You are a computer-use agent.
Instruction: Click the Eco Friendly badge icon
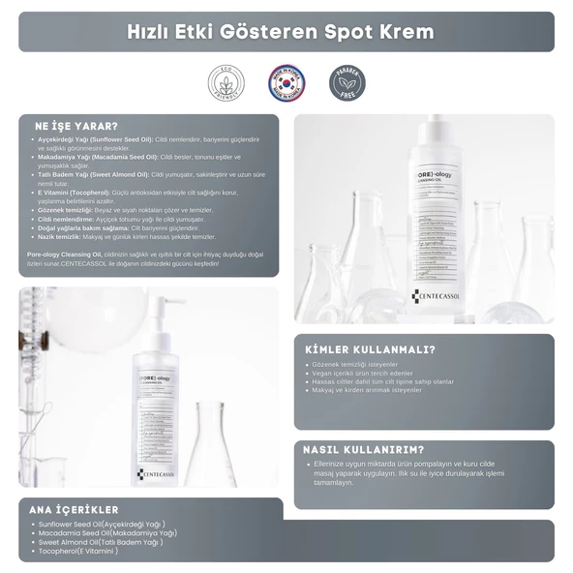pos(226,83)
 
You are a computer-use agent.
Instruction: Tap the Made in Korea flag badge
pos(286,83)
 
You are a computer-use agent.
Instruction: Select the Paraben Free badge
pos(347,83)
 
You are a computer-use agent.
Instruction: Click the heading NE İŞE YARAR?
pos(76,126)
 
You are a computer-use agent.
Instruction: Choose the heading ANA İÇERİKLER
pos(75,509)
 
